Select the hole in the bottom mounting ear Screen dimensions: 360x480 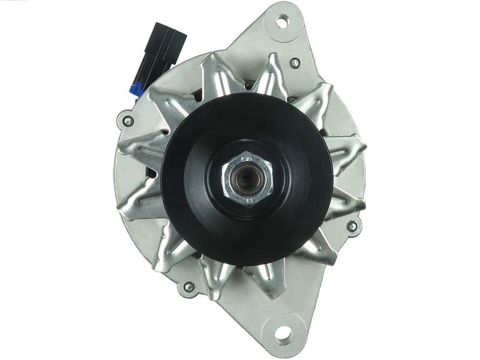(x=280, y=332)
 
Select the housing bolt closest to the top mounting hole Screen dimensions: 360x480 (x=294, y=62)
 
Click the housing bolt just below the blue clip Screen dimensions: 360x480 (x=128, y=121)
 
